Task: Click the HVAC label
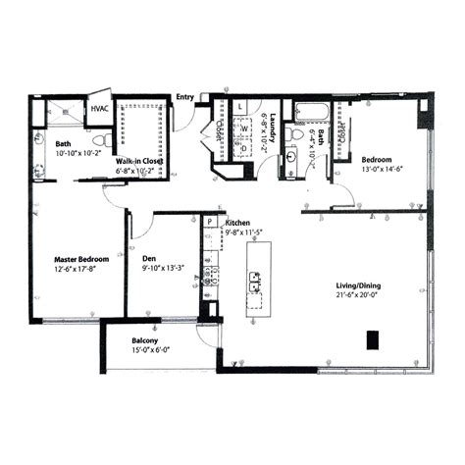[99, 110]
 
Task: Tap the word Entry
[184, 97]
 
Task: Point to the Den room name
[150, 259]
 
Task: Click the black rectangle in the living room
[373, 339]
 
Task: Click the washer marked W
[242, 128]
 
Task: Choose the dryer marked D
[243, 148]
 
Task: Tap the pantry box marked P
[208, 222]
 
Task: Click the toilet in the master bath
[40, 140]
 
